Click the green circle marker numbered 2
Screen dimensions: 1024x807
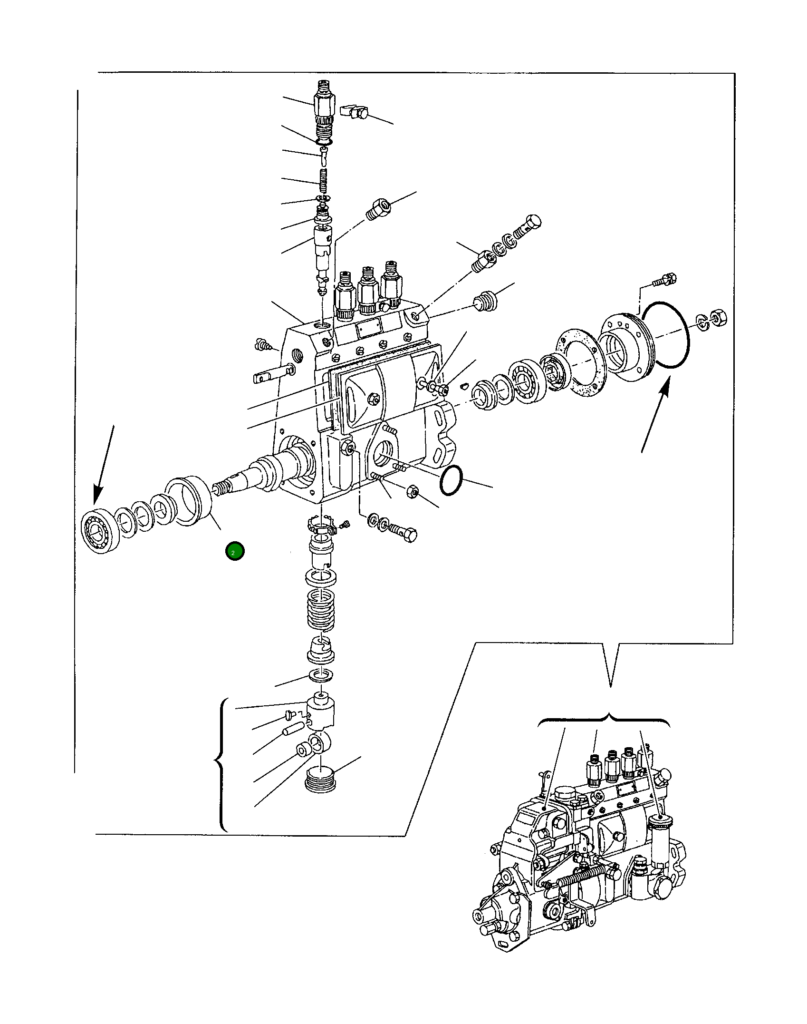[x=235, y=552]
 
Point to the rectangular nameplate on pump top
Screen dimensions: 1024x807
[x=369, y=328]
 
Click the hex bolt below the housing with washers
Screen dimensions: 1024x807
[x=403, y=531]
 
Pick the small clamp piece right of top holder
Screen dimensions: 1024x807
[x=355, y=112]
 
